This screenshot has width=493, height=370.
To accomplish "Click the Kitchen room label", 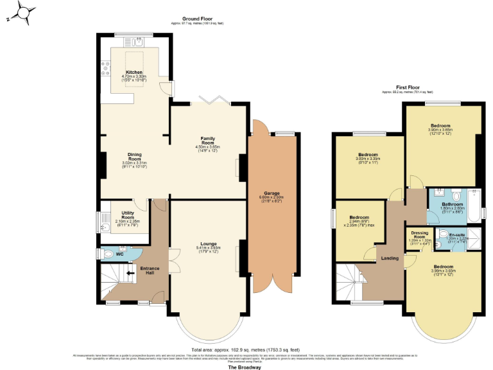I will point(134,73).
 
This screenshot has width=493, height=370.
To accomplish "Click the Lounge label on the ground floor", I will point(207,243).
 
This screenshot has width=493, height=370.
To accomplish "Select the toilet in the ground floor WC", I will point(107,254).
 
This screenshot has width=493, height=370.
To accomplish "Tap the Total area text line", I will point(246,350).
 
